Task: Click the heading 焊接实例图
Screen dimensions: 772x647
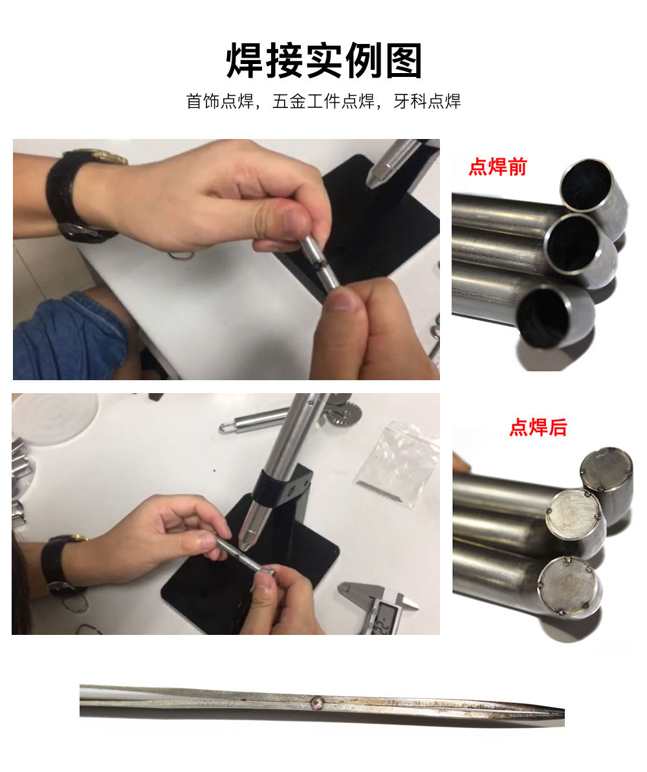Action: [323, 61]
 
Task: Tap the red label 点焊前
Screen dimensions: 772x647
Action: [497, 167]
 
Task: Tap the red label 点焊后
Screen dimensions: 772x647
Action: [538, 427]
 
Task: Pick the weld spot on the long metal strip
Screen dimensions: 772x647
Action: [318, 700]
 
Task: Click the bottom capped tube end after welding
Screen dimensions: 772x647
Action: [569, 585]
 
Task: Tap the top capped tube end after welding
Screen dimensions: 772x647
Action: [606, 471]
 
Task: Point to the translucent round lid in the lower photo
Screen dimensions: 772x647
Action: [55, 417]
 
